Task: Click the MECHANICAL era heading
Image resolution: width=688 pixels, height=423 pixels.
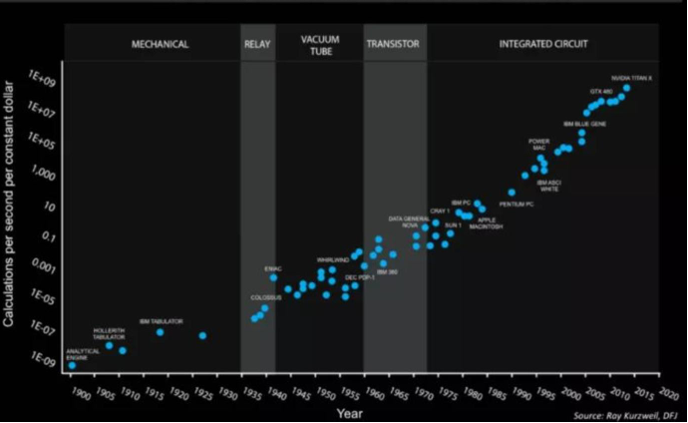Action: tap(160, 45)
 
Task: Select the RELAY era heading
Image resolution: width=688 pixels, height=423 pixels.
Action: tap(257, 45)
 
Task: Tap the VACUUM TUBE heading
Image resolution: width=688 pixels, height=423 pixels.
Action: tap(321, 45)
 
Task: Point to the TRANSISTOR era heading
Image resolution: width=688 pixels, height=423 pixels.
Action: tap(393, 45)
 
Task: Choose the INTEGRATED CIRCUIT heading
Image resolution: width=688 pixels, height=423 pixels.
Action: tap(541, 45)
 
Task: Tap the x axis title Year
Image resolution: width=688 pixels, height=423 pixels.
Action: tap(349, 411)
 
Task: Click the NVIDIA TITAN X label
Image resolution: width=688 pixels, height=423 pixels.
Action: tap(632, 78)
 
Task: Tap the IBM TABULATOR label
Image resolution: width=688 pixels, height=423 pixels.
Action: tap(161, 320)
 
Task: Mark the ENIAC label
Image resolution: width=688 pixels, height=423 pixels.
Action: tap(273, 268)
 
